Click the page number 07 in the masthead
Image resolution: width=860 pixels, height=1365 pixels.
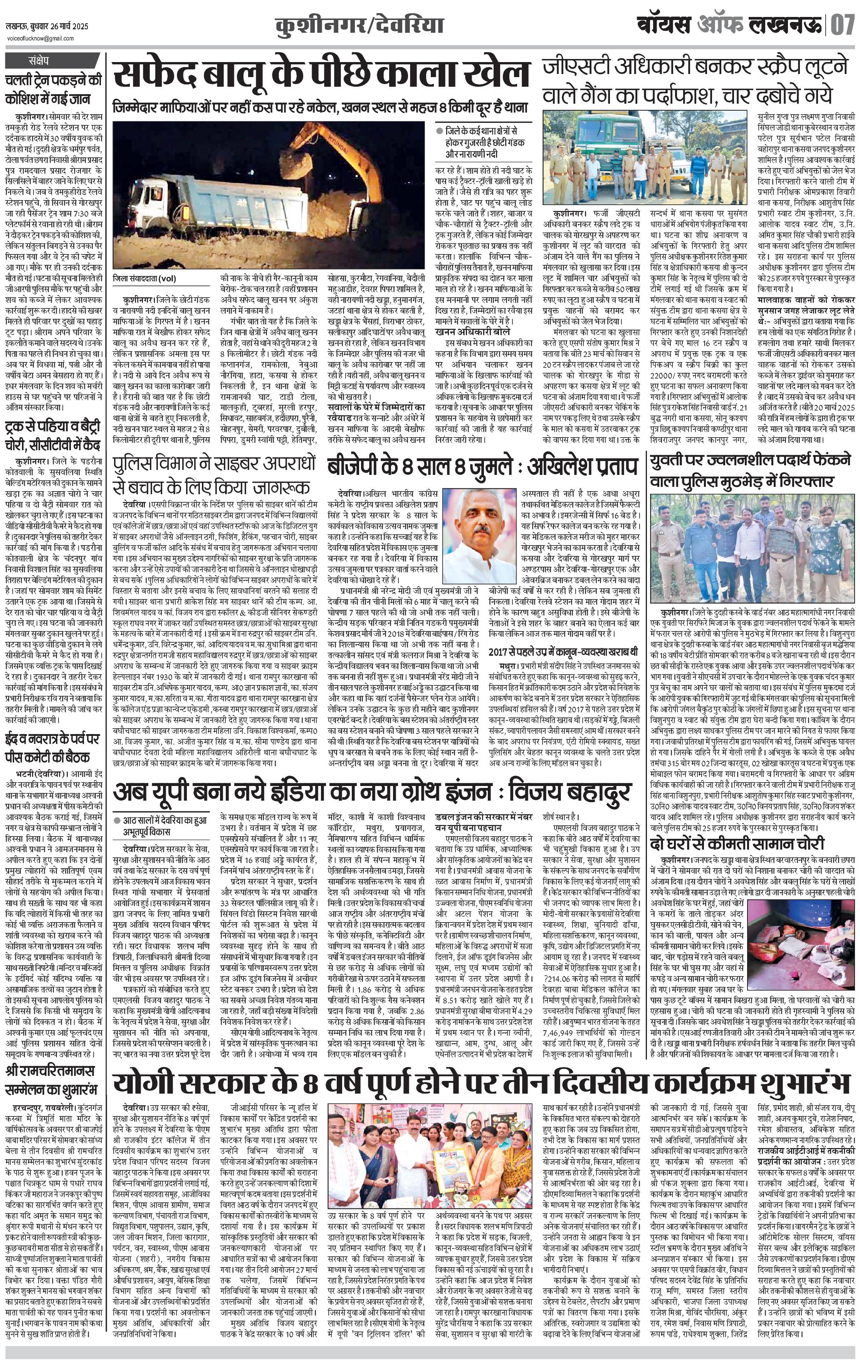(x=843, y=25)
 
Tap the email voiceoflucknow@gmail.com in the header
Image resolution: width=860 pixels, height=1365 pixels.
(x=40, y=39)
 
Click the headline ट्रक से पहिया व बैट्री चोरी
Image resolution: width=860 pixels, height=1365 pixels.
(x=54, y=434)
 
